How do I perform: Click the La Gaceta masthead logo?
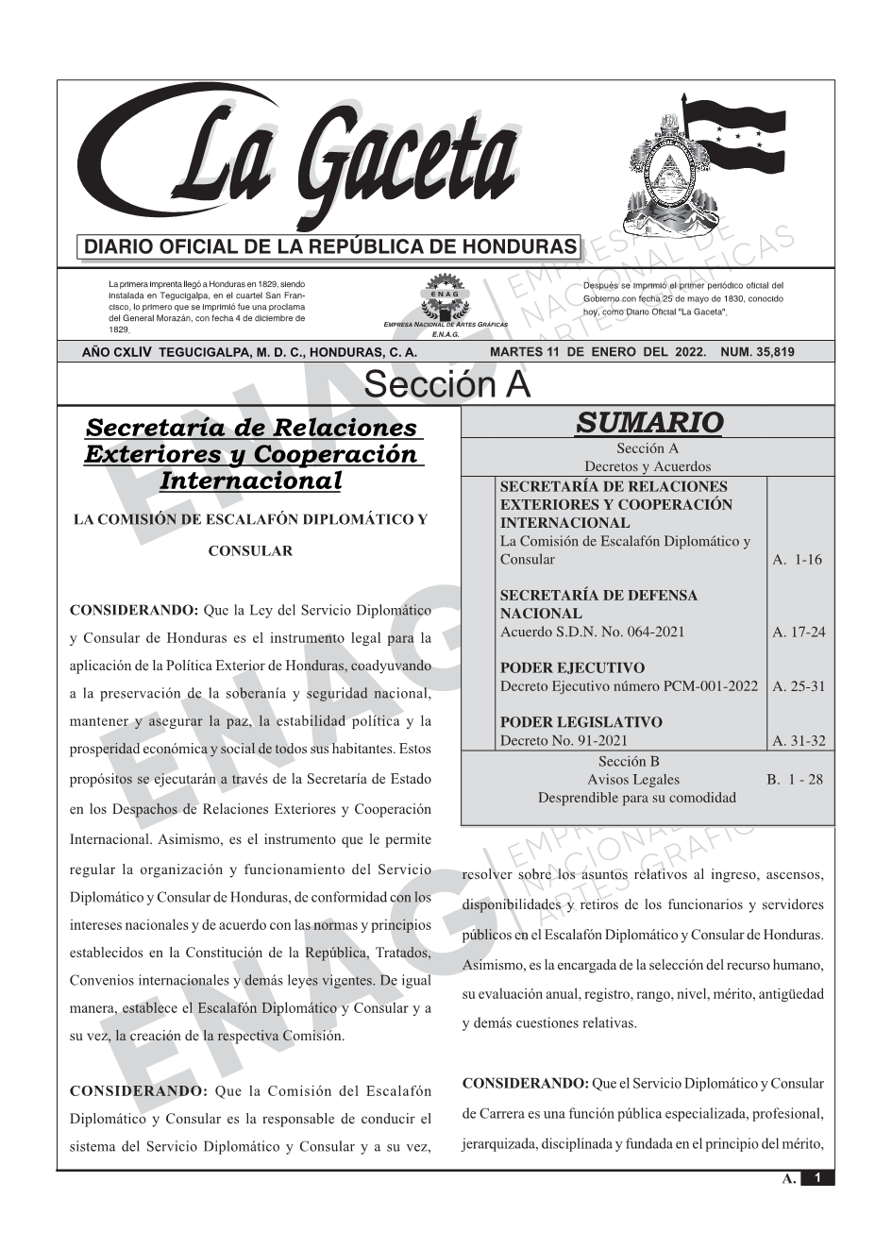[302, 160]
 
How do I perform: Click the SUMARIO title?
[648, 422]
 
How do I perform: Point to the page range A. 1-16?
[797, 559]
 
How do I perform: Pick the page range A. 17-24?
[799, 632]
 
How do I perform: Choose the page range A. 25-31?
[799, 686]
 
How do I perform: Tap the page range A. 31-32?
[799, 740]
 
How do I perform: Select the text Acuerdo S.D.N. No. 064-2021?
[592, 632]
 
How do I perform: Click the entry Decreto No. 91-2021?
[564, 740]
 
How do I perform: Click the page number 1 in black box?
[817, 1178]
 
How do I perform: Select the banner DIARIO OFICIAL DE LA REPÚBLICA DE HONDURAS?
[330, 247]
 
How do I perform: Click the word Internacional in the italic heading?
[251, 481]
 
